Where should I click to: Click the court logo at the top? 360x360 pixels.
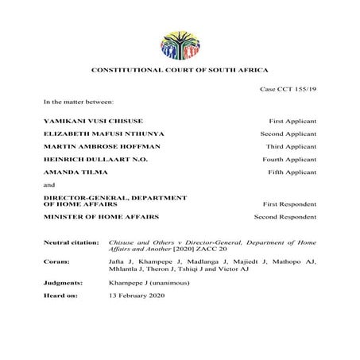pos(180,45)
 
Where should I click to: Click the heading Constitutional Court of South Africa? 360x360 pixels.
pos(180,72)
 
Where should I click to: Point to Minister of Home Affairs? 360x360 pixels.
pos(90,216)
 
